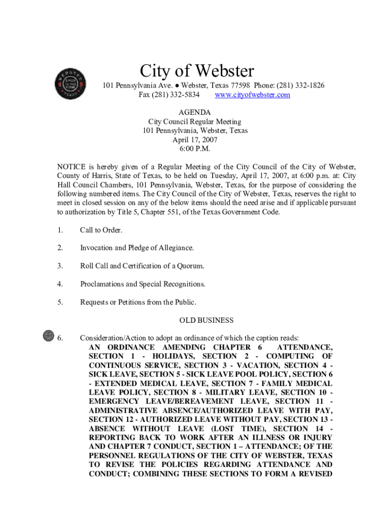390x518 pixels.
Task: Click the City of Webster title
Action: pos(197,71)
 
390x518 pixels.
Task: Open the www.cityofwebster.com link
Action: pos(252,95)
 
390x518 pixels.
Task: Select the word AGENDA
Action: pos(194,112)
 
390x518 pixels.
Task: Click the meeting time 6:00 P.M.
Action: pos(194,149)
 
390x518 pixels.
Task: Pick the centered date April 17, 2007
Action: pos(194,140)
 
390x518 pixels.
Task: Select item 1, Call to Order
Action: pos(101,230)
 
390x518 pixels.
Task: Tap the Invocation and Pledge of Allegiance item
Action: pos(137,248)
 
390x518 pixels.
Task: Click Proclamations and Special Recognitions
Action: pos(143,284)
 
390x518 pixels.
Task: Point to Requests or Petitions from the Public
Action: pos(138,303)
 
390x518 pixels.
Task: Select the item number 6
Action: pos(60,338)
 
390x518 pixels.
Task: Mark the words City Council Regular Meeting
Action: pos(194,121)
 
